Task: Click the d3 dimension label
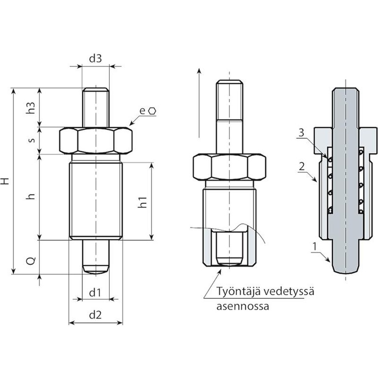coord(95,59)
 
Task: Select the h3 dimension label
coord(31,108)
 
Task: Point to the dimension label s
coord(32,140)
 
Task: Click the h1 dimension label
coord(142,202)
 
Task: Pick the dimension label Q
coord(31,260)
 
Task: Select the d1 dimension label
coord(95,293)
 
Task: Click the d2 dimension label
coord(95,315)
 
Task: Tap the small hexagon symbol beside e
coord(152,111)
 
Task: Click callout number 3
coord(301,133)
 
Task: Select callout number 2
coord(302,166)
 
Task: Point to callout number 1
coord(314,247)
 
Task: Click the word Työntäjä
coord(238,291)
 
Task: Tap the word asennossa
coord(243,307)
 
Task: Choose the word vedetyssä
coord(289,291)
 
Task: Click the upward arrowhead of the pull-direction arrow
coord(199,70)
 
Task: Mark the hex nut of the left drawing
coord(95,141)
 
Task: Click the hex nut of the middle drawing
coord(229,167)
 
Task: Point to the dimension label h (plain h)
coord(31,196)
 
